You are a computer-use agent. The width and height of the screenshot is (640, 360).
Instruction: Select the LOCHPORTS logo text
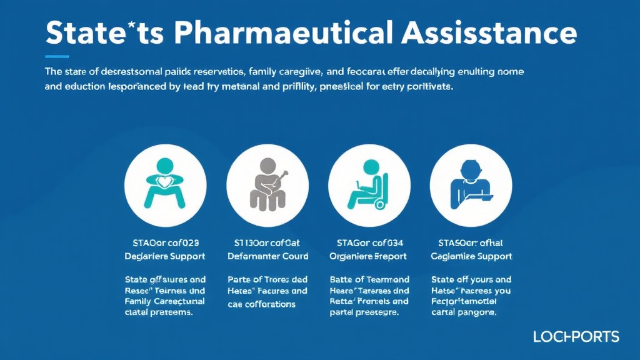coord(576,337)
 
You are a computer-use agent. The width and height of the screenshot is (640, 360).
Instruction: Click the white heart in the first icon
coord(165,182)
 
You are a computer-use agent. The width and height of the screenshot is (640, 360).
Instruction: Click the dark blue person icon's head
coord(472,168)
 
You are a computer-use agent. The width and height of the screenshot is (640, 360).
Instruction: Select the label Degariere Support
coord(165,256)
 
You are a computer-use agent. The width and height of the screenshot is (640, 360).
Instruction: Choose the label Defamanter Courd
coord(267,256)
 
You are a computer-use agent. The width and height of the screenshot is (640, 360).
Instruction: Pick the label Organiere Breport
coord(368,256)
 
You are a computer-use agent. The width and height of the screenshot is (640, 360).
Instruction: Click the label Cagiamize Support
coord(472,256)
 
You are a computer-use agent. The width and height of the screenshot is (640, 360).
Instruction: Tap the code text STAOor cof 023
coord(165,242)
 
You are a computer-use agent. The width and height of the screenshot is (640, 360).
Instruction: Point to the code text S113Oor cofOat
coord(267,242)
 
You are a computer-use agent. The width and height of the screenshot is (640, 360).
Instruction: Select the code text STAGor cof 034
coord(369,242)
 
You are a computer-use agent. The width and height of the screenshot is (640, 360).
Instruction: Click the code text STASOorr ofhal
coord(471,242)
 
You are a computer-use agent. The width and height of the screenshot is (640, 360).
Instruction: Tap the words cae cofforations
coord(261,304)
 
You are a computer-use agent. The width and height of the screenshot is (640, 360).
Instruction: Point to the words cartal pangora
coord(464,312)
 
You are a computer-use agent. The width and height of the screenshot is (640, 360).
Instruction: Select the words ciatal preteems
coord(158,312)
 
